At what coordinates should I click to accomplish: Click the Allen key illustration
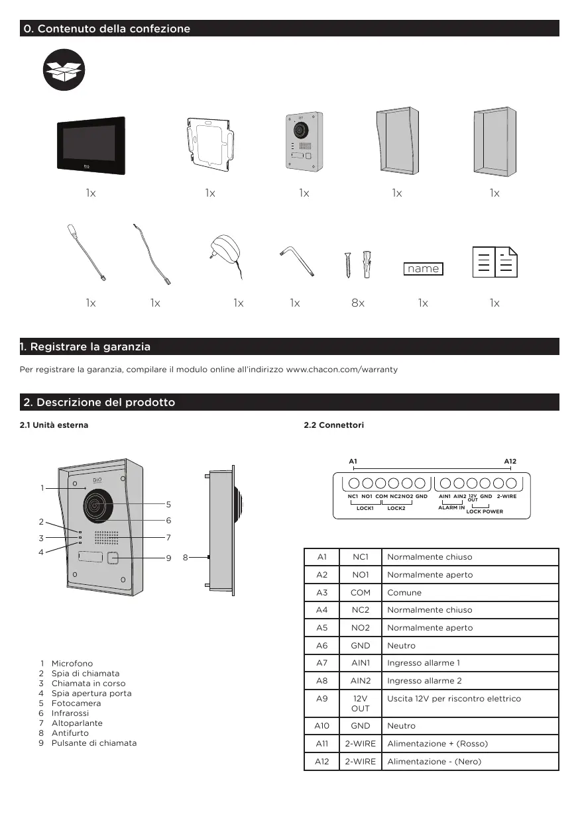click(x=295, y=260)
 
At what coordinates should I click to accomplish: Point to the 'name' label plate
click(x=424, y=268)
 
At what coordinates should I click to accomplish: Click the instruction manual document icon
click(x=494, y=262)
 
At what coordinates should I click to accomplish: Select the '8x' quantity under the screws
click(x=358, y=303)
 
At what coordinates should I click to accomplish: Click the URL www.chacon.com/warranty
click(x=341, y=369)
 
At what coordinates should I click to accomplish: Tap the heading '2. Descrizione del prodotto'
click(x=99, y=402)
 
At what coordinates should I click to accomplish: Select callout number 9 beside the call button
click(x=168, y=558)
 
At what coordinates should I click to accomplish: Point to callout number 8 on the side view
click(x=186, y=558)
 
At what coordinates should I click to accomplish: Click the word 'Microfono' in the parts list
click(x=72, y=663)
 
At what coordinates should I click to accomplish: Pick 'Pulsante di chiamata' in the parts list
click(x=94, y=743)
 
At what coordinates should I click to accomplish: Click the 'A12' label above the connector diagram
click(x=510, y=460)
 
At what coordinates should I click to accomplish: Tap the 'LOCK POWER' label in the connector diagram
click(x=485, y=511)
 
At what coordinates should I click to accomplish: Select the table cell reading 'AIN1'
click(x=361, y=662)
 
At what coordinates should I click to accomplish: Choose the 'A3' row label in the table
click(x=321, y=592)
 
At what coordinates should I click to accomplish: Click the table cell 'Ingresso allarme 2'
click(x=424, y=680)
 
